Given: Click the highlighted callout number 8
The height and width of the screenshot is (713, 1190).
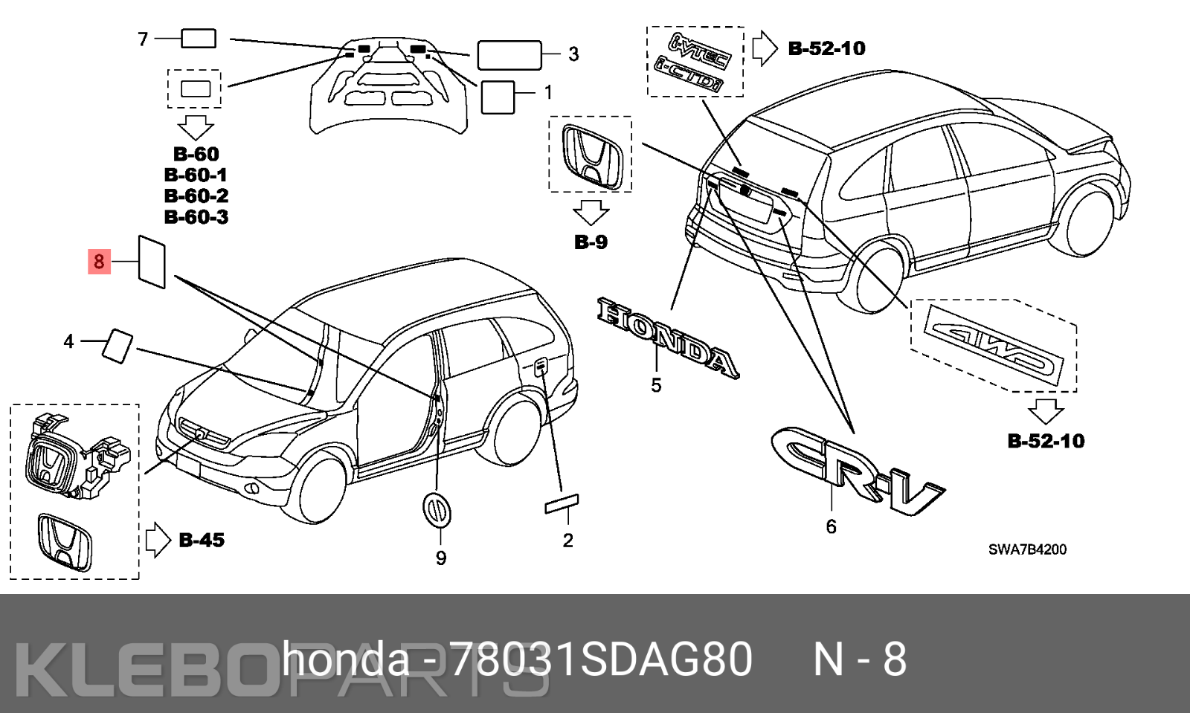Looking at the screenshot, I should [x=99, y=262].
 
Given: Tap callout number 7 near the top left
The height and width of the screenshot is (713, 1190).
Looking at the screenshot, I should [x=143, y=39].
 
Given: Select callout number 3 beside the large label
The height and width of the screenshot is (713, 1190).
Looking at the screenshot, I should [x=573, y=54].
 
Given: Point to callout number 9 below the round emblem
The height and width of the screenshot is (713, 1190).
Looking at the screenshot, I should [x=441, y=558].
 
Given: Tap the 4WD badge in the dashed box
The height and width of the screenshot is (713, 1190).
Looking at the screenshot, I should [x=994, y=344].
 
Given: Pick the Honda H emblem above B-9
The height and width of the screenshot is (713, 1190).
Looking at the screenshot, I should [x=591, y=155].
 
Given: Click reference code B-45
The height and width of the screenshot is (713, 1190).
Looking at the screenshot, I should [x=202, y=541].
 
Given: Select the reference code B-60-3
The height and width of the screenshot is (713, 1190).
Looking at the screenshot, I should [x=196, y=217].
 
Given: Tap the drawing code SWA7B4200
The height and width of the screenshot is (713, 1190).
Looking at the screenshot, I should [x=1027, y=549].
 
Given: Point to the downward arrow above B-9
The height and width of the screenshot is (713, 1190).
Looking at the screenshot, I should [x=591, y=212].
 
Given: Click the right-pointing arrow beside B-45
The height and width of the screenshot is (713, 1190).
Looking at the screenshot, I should [x=158, y=540].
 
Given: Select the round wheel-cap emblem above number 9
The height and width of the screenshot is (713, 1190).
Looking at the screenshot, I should [x=437, y=509].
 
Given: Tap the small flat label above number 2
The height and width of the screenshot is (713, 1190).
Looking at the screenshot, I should [x=562, y=503].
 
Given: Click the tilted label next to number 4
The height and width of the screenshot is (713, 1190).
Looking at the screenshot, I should [x=118, y=345].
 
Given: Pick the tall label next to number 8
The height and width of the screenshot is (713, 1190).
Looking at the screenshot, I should [x=152, y=262].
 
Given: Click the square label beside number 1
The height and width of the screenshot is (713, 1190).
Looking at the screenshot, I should [x=498, y=97].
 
